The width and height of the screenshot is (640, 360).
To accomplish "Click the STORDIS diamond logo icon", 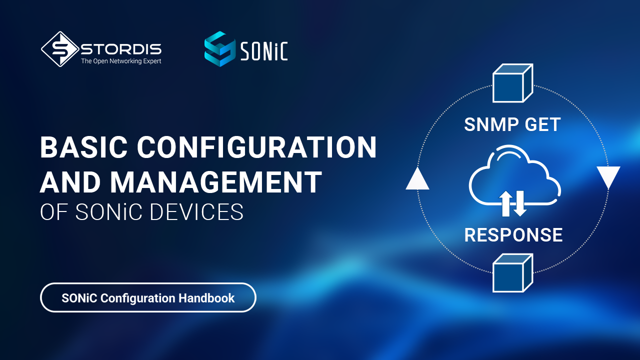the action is [x=60, y=49].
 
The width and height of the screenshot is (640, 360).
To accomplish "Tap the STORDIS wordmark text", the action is [x=121, y=49].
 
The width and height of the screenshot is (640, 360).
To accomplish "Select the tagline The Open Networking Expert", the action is [x=121, y=61].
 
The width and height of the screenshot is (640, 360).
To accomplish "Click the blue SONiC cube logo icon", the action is [x=219, y=49].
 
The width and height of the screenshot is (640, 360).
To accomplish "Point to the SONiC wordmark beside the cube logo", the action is [x=264, y=51].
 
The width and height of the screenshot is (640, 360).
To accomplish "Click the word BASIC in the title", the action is [x=83, y=147].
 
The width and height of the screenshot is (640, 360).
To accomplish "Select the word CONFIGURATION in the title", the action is [x=257, y=147].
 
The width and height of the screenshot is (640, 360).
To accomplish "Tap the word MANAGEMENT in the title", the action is [x=216, y=181].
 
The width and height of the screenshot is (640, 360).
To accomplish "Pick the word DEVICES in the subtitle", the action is [x=196, y=212].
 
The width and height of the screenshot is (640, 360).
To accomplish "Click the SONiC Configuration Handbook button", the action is [x=148, y=297].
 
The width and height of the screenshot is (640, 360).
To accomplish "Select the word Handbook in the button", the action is [x=206, y=298].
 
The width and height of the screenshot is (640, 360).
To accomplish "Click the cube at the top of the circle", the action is [x=513, y=83].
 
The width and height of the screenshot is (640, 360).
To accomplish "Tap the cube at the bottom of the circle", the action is [x=513, y=273].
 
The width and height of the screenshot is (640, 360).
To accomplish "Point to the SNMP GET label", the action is [x=512, y=124].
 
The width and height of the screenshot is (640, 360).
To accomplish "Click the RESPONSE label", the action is [x=513, y=235].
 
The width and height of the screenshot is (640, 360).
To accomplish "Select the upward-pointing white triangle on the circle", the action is [x=417, y=179].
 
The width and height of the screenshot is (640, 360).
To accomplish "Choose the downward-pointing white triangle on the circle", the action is [x=608, y=177].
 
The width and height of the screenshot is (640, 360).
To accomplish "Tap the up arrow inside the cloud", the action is [x=505, y=203].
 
